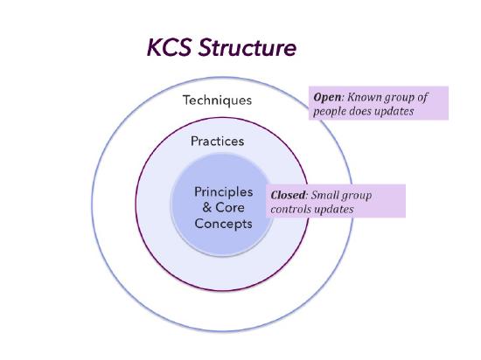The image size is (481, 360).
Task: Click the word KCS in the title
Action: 171,47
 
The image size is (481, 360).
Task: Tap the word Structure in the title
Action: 248,47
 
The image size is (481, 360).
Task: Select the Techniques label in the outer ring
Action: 216,100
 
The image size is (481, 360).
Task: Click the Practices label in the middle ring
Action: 217,141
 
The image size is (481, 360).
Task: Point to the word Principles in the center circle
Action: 223,191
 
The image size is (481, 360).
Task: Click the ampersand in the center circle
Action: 197,207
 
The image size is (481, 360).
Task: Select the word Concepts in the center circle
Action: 223,224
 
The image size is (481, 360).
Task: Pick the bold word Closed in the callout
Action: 289,195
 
